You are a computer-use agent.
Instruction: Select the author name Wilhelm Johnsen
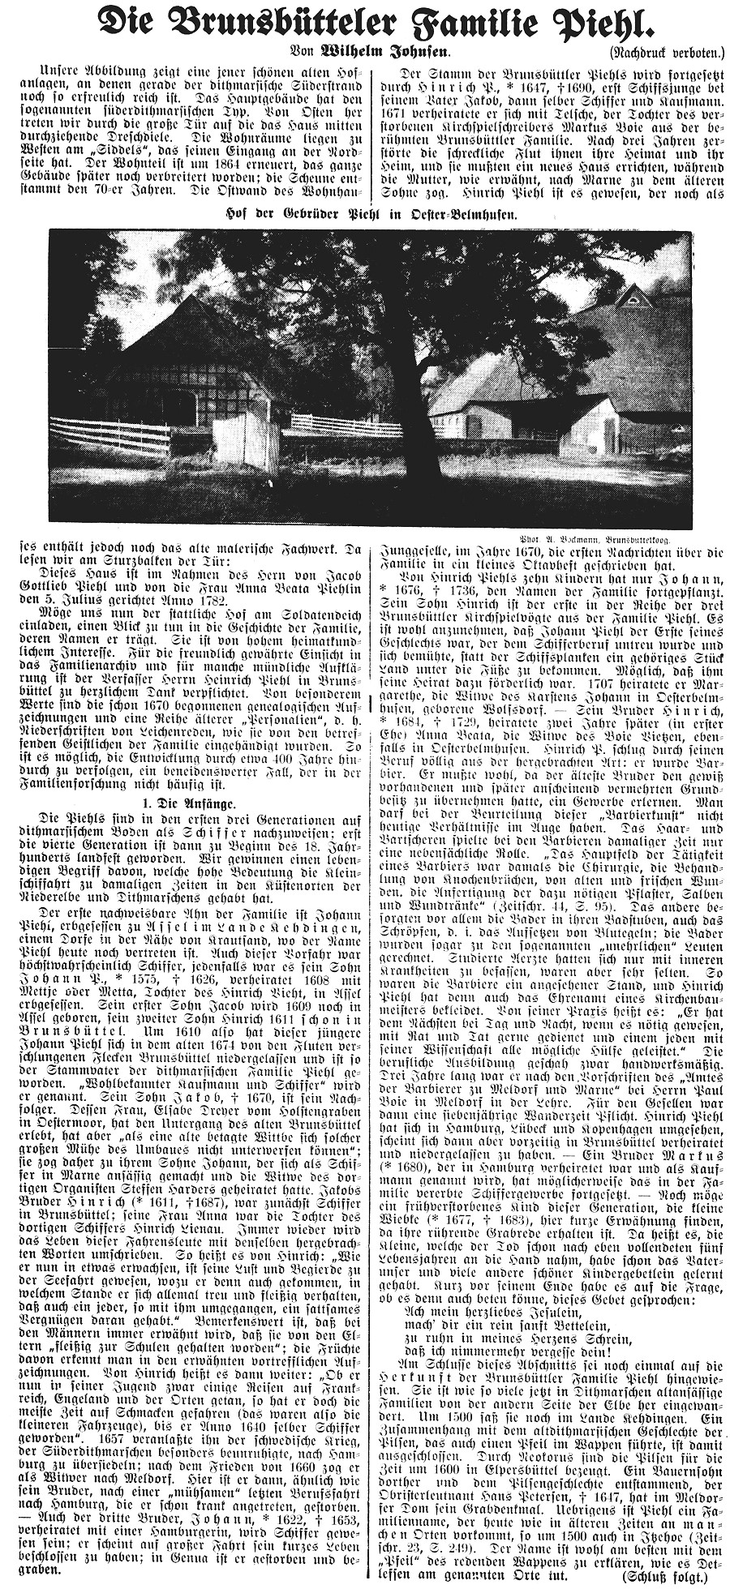370,55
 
